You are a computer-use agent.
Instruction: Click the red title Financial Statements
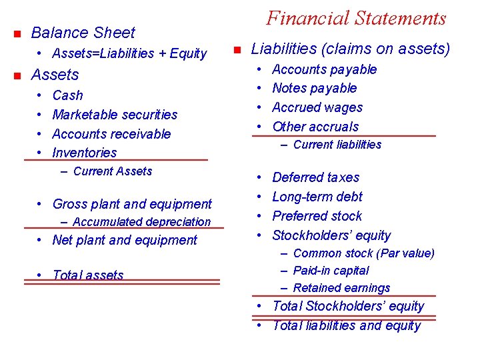pos(356,18)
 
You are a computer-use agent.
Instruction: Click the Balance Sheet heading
pos(83,33)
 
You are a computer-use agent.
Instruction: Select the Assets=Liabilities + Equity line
pos(129,53)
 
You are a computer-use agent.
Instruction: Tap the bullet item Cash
pos(67,95)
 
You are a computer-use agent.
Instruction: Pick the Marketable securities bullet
pos(115,115)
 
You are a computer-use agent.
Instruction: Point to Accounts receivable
pos(111,134)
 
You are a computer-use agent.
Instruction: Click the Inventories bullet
pos(84,153)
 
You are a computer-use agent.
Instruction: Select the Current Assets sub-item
pos(112,171)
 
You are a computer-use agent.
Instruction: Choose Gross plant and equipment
pos(131,204)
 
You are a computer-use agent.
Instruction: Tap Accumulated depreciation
pos(141,222)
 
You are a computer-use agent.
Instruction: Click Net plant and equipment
pos(125,240)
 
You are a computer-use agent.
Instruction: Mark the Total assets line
pos(87,275)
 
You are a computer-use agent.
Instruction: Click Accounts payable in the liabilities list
pos(324,69)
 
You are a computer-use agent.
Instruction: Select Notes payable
pos(314,88)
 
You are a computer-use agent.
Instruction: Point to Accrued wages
pos(317,107)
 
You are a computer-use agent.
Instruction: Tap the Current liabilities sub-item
pos(337,145)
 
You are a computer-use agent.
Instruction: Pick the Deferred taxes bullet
pos(315,177)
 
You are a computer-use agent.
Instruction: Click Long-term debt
pos(317,197)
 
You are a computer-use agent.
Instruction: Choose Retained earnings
pos(341,288)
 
